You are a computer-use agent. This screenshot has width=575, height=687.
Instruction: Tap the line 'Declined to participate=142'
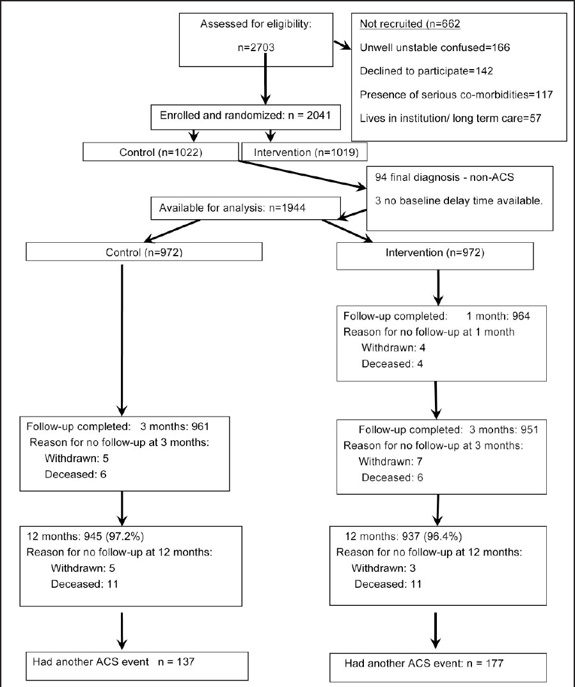(426, 71)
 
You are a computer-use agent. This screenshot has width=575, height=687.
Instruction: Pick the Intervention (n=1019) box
(304, 153)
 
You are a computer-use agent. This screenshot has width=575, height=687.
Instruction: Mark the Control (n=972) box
(145, 252)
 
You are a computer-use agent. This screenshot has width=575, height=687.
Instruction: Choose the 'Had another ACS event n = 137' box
(136, 664)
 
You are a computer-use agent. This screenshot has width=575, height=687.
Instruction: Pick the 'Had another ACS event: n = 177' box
(437, 664)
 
